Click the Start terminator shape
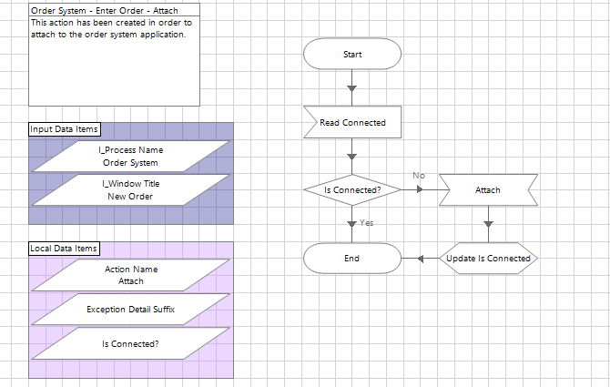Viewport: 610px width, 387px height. (352, 54)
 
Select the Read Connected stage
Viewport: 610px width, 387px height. (352, 122)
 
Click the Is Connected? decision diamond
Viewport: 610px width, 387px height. (352, 190)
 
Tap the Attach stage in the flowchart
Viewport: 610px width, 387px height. (488, 190)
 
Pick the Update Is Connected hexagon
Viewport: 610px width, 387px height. (488, 259)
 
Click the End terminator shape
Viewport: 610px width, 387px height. (352, 259)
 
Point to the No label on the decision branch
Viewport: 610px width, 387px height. (419, 175)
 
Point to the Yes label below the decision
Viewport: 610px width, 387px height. (366, 222)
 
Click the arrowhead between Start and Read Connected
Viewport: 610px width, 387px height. (352, 88)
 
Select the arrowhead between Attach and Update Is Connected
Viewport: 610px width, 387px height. (488, 224)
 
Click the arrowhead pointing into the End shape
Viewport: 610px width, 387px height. (421, 259)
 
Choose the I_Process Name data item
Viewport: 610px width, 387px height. (131, 156)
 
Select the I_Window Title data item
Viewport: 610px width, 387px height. (131, 189)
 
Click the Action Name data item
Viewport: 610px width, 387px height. (131, 275)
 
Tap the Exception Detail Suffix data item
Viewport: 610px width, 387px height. (131, 310)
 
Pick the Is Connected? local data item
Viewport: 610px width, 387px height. (131, 344)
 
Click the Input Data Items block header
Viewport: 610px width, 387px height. (65, 129)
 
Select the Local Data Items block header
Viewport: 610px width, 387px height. (64, 249)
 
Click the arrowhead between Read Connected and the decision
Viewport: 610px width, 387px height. (352, 157)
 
